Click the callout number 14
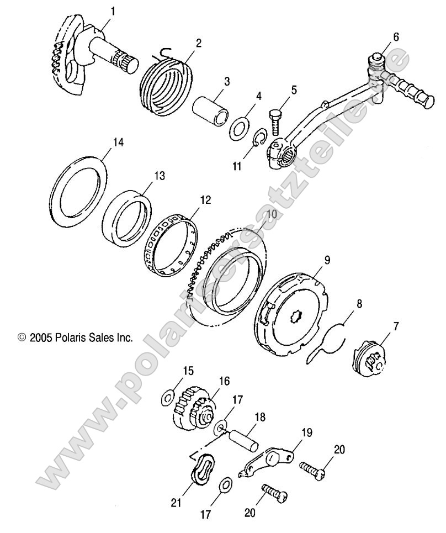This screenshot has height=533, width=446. (x=118, y=142)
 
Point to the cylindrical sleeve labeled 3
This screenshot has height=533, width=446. (x=215, y=108)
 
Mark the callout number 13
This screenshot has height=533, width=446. (x=159, y=176)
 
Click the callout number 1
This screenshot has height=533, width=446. (x=114, y=11)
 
